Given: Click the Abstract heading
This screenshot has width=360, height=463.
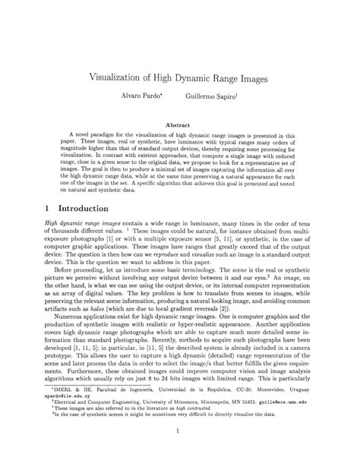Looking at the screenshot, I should tap(179, 124).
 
